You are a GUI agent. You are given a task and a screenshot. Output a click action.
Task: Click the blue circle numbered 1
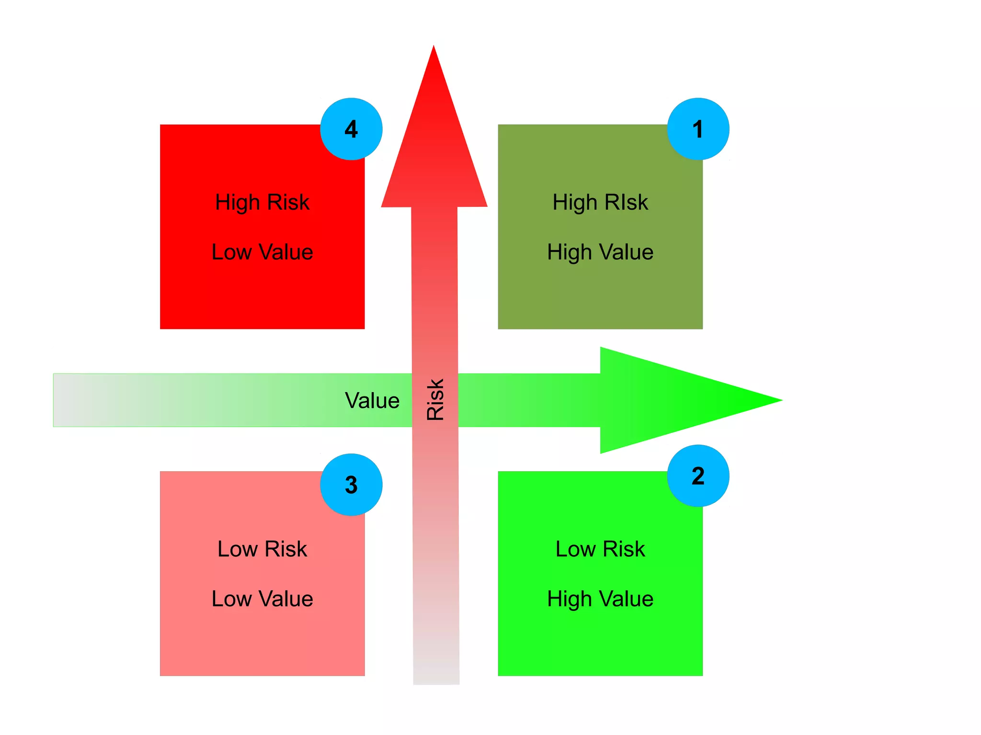tap(698, 129)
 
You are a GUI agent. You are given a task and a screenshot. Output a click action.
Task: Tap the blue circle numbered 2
tap(698, 475)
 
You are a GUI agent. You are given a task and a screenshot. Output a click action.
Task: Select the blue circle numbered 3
tap(351, 485)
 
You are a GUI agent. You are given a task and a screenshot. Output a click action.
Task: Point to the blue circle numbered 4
tap(351, 129)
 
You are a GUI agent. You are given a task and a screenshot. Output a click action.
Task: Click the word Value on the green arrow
tap(372, 400)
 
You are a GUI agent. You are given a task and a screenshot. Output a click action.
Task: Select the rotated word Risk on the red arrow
tap(435, 400)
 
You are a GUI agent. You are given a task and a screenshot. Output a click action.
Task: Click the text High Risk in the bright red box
tap(262, 202)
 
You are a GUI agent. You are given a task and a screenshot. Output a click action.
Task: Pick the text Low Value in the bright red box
tap(262, 252)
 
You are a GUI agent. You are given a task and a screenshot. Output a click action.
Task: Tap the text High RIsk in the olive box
tap(600, 202)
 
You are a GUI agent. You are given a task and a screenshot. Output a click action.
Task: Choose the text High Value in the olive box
tap(600, 252)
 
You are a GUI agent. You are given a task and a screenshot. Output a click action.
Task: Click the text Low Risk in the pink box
tap(262, 549)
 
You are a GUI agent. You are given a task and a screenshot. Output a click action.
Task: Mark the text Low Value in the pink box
tap(262, 599)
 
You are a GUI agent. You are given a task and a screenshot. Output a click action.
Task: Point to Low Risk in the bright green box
tap(600, 549)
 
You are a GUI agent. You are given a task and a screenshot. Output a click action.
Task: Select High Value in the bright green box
tap(600, 599)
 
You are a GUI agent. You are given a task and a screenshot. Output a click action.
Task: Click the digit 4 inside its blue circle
tap(351, 129)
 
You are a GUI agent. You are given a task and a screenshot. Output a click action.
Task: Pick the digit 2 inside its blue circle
tap(698, 475)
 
